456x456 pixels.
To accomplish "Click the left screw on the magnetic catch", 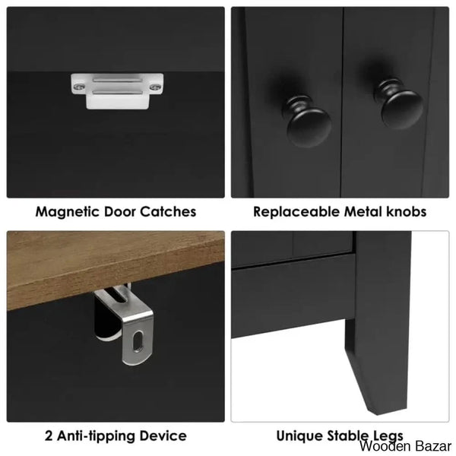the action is coord(79,87).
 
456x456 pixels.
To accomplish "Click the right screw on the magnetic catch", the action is coord(156,87).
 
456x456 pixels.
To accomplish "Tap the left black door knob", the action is coord(308,122).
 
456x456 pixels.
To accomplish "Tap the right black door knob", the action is coord(399,104).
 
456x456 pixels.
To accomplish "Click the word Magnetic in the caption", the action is coord(68,212).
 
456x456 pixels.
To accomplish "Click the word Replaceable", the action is coord(296,212).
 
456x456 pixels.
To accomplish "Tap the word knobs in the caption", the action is coord(407,211).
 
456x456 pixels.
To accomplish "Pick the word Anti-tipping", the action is coord(97,436).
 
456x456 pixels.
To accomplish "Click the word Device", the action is coord(163,435).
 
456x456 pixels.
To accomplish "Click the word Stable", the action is coord(346,435).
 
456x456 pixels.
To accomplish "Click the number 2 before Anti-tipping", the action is coord(49,436).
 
